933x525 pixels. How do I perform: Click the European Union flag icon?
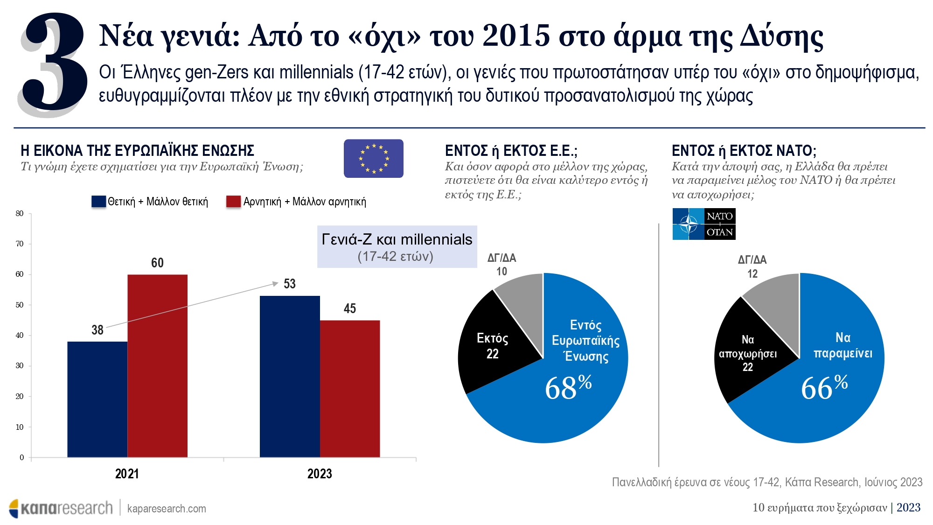(x=373, y=158)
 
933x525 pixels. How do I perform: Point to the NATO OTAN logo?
(x=703, y=224)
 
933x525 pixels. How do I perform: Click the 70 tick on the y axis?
(x=20, y=244)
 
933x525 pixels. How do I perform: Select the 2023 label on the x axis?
(x=320, y=474)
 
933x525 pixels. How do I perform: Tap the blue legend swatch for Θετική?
(x=98, y=202)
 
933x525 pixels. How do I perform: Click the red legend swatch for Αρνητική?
(x=233, y=202)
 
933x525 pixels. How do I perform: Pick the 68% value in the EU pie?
(x=568, y=387)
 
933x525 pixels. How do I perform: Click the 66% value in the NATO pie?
(x=824, y=387)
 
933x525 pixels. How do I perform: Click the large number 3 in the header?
(x=54, y=63)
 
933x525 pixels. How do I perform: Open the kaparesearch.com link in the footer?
(x=167, y=509)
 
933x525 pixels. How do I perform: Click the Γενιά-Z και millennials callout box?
(x=397, y=247)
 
